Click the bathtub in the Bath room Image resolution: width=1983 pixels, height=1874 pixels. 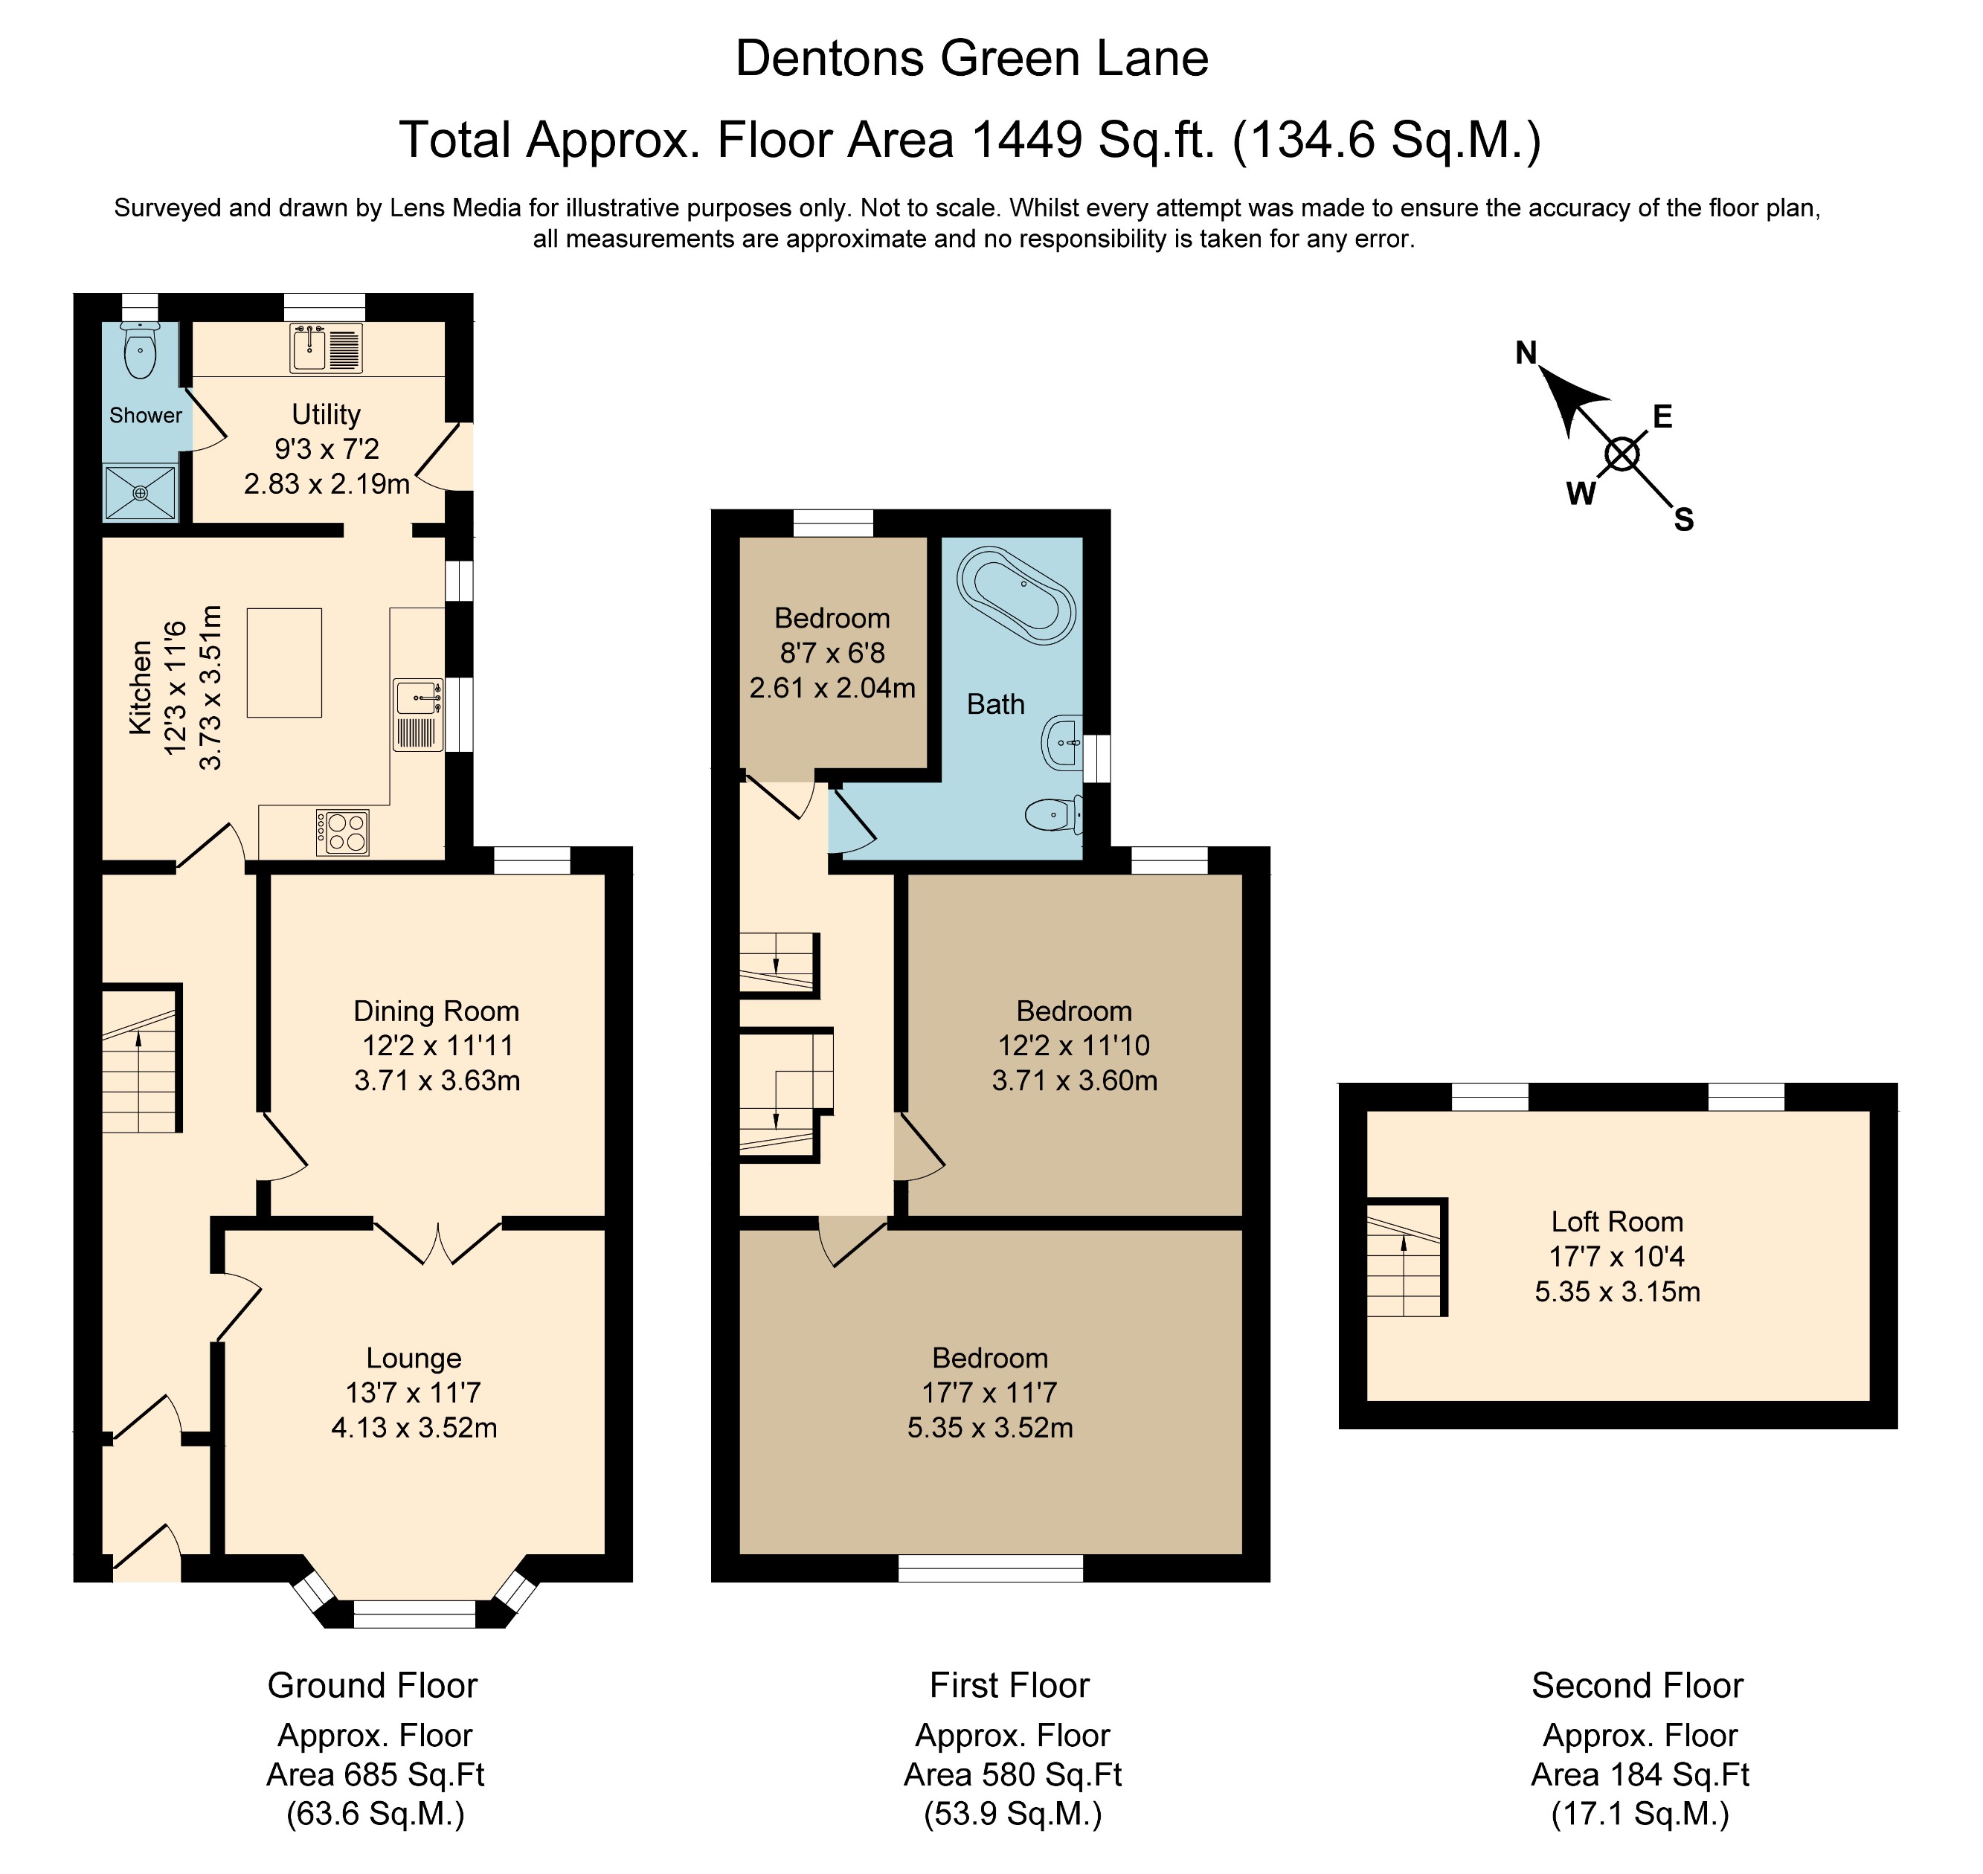1016,593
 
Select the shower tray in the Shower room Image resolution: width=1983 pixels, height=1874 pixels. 141,492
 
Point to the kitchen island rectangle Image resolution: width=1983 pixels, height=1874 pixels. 285,663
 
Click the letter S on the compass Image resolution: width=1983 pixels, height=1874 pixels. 1683,520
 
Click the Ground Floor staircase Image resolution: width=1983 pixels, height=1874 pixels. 140,1060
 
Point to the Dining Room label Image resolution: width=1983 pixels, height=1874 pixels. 437,1011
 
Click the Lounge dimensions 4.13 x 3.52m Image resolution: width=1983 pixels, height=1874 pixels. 414,1428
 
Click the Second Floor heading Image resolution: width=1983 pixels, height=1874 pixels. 1636,1685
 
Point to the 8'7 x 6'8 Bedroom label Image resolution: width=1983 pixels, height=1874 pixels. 832,618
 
